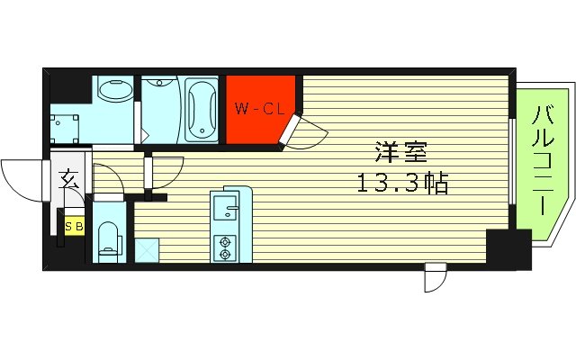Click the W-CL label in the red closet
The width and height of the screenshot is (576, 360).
click(x=260, y=110)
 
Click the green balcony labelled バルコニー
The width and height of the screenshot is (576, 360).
click(x=543, y=162)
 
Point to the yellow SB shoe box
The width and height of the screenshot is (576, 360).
click(x=74, y=226)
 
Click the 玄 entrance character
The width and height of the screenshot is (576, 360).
click(x=69, y=180)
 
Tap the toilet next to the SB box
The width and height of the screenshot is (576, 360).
click(x=109, y=238)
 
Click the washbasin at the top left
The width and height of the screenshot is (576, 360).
click(x=114, y=90)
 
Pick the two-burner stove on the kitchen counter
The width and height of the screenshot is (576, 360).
click(x=222, y=246)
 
